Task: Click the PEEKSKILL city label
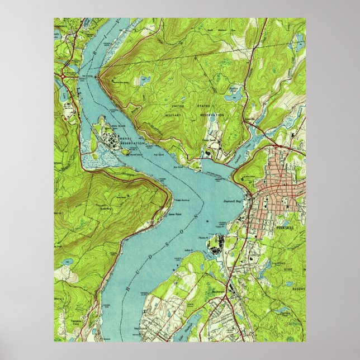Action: [284, 228]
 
